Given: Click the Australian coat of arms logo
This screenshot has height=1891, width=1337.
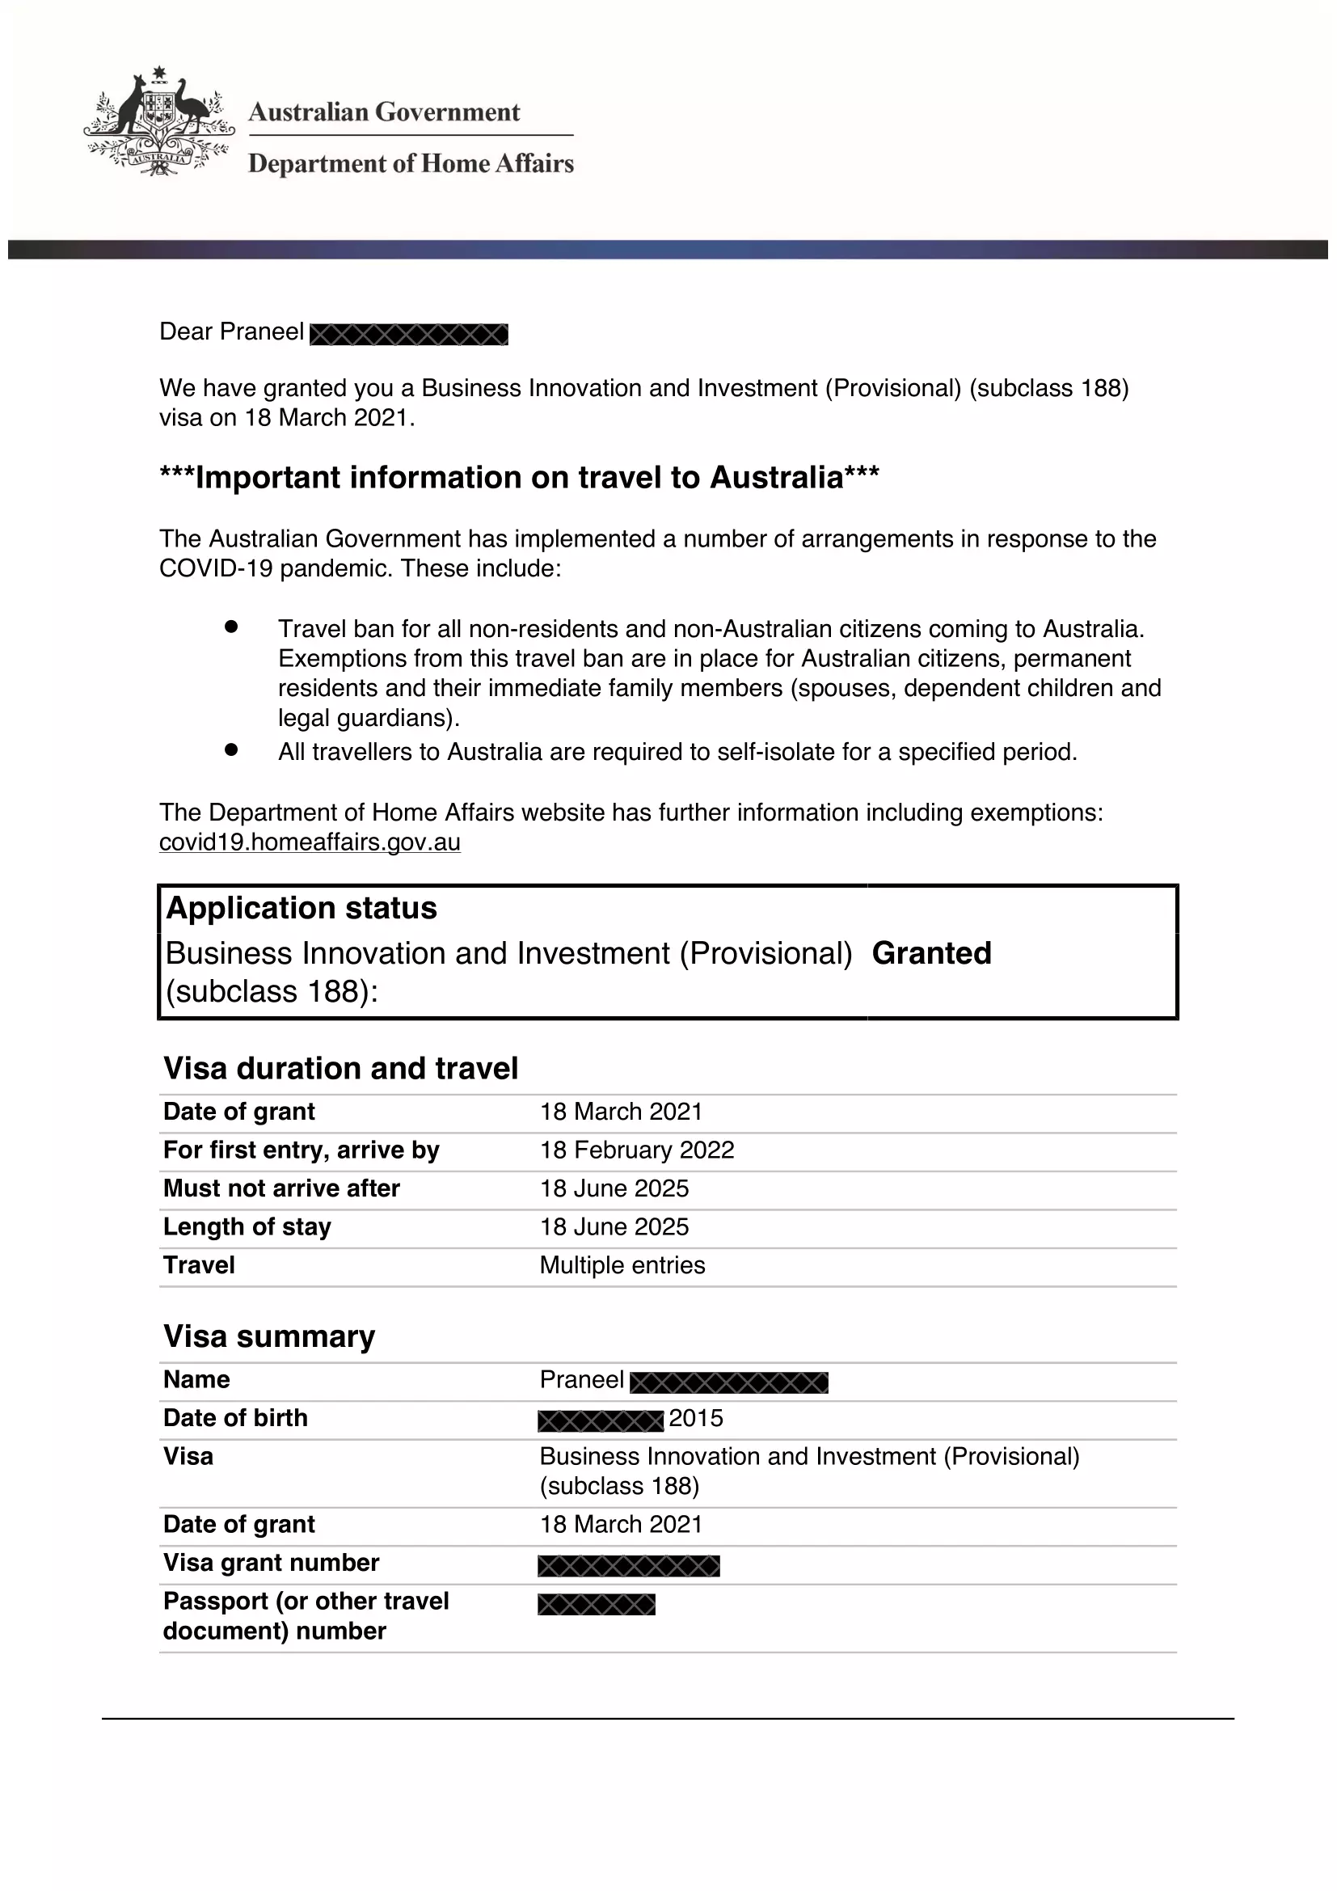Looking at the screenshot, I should pyautogui.click(x=158, y=122).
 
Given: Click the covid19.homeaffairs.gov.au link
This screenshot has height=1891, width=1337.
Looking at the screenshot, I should pyautogui.click(x=310, y=842).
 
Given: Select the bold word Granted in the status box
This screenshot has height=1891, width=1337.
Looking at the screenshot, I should pyautogui.click(x=931, y=953).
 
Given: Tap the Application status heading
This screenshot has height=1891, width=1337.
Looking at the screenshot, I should pyautogui.click(x=302, y=908).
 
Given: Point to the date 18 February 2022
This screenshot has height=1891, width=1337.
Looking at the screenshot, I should pyautogui.click(x=636, y=1150).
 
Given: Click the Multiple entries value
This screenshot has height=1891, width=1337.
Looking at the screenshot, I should pyautogui.click(x=622, y=1265).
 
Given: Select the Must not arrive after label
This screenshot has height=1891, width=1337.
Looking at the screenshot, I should pyautogui.click(x=280, y=1188).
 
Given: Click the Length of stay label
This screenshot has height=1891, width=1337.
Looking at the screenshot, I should pyautogui.click(x=247, y=1226).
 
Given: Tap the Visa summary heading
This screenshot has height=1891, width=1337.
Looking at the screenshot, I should pyautogui.click(x=269, y=1336).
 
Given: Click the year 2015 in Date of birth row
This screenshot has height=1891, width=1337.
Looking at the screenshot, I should pyautogui.click(x=696, y=1418).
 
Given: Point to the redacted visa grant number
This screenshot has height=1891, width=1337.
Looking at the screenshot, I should pyautogui.click(x=628, y=1566).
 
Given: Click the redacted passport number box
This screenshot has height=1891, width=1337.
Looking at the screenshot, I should pyautogui.click(x=596, y=1604).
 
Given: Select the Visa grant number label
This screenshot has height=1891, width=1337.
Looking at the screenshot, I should pyautogui.click(x=271, y=1563).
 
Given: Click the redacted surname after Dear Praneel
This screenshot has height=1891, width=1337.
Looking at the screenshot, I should pyautogui.click(x=408, y=335).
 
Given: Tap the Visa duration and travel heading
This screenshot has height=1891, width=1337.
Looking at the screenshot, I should pyautogui.click(x=341, y=1068).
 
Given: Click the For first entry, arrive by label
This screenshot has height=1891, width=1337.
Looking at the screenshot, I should pyautogui.click(x=302, y=1150).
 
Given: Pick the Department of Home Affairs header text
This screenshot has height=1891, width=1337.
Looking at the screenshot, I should pyautogui.click(x=411, y=163).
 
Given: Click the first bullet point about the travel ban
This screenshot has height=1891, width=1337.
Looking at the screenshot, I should pyautogui.click(x=230, y=627).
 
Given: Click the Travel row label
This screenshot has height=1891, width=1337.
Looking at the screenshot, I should pyautogui.click(x=198, y=1265).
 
